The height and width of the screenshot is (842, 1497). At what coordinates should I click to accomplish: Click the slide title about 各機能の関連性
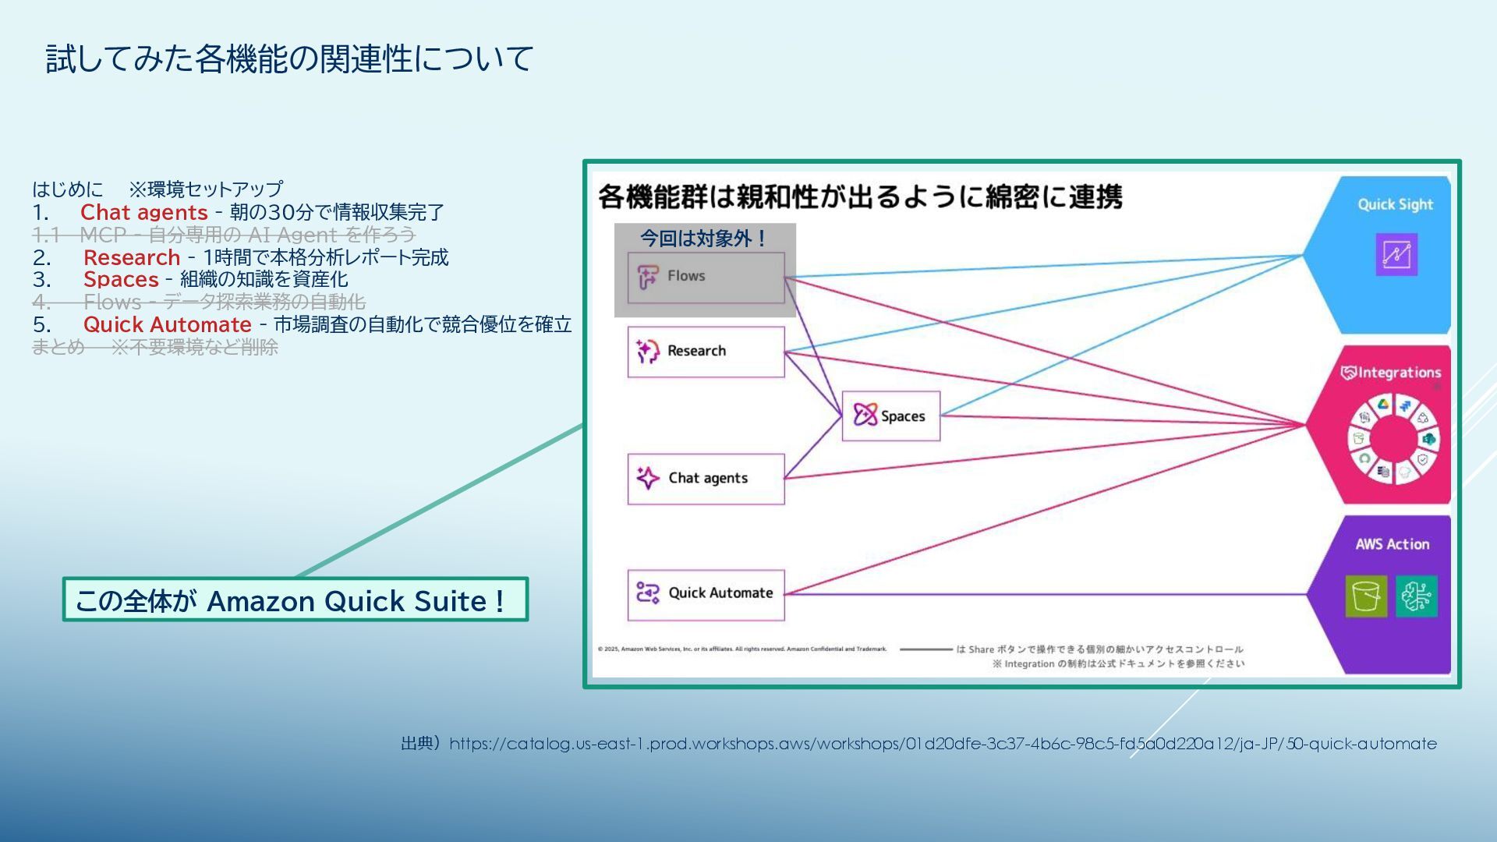(289, 59)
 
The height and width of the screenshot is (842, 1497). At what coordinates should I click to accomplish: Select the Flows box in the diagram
(706, 277)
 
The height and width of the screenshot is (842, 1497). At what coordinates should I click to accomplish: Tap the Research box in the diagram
(706, 352)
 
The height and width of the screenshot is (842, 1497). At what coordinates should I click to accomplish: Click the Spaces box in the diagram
(890, 416)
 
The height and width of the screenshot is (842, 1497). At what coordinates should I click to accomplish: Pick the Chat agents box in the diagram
(706, 479)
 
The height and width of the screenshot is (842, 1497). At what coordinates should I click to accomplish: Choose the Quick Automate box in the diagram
(706, 594)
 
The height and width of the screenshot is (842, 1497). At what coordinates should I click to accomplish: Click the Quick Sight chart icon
(1396, 254)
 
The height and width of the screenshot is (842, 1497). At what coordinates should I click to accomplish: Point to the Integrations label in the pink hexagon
(1392, 373)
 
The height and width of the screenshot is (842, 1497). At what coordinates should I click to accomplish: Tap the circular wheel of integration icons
(1393, 440)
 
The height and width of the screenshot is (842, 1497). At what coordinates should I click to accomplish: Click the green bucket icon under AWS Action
(1366, 596)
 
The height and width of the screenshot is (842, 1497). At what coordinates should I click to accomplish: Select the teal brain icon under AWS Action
(1417, 596)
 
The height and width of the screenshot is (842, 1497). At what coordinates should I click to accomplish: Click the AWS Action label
(1392, 544)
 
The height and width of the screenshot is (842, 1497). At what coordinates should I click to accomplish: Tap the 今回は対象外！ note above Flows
(703, 239)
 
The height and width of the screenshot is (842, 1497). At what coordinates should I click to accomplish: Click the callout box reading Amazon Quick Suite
(295, 600)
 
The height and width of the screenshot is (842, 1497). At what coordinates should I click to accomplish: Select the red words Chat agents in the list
(144, 212)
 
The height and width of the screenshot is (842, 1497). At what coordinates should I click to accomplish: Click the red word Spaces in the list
(121, 279)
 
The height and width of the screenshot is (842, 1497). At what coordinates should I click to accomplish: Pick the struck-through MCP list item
(225, 235)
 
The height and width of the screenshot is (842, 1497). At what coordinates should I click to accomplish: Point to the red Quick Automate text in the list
(168, 324)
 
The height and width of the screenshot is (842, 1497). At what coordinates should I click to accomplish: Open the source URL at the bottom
(943, 744)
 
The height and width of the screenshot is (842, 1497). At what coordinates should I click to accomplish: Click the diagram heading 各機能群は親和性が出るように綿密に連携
(860, 196)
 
